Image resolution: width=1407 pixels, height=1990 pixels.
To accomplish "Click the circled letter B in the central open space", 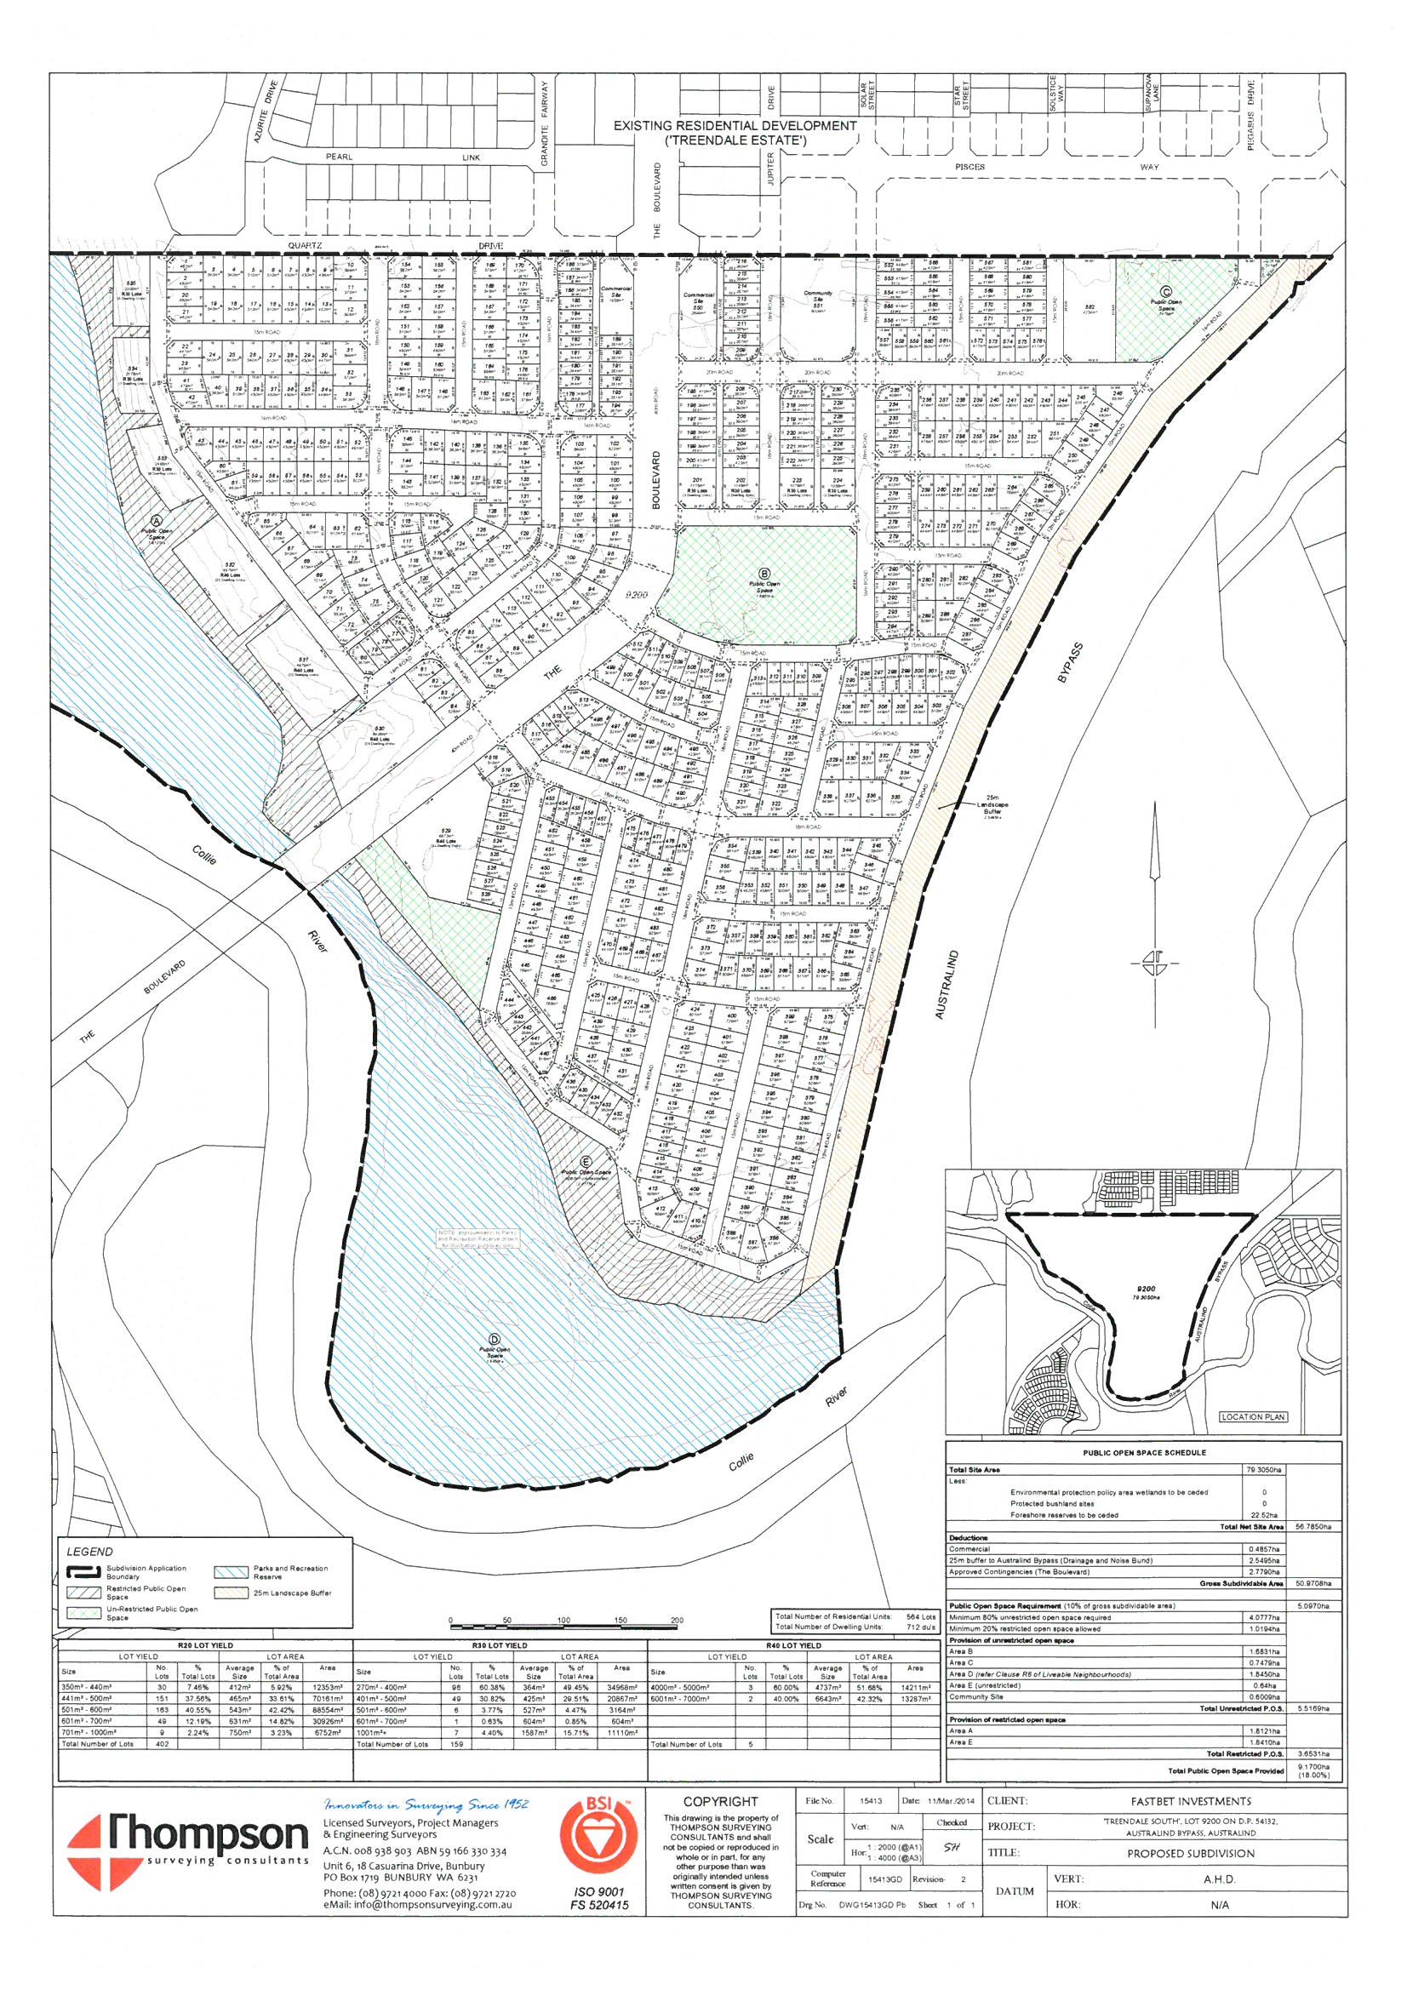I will (764, 573).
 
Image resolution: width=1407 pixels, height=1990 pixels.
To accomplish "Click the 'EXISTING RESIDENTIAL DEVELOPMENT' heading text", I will (735, 126).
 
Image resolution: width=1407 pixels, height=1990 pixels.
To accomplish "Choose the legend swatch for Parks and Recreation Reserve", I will (231, 1571).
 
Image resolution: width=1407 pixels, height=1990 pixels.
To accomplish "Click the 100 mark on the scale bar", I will (563, 1619).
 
